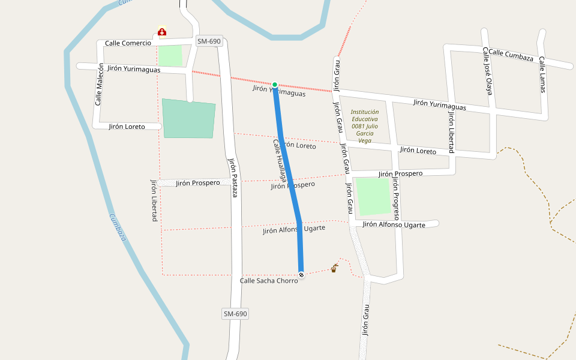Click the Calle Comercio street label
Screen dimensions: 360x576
[128, 43]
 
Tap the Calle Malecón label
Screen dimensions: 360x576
[99, 85]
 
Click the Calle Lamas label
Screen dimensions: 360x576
[542, 75]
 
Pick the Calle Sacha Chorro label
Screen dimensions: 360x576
[268, 281]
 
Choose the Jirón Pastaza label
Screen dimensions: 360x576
[234, 177]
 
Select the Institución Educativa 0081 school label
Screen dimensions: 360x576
[365, 126]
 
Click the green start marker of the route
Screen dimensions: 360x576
[275, 85]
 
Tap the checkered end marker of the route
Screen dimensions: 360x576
[301, 275]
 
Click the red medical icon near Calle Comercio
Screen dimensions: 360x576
[162, 31]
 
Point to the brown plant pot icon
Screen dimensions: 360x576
[334, 268]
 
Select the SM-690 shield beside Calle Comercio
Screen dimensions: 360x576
[209, 41]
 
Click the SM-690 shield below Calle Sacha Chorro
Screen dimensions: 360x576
[235, 314]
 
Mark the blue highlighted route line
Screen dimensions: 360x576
[288, 180]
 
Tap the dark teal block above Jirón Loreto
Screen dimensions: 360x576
[188, 119]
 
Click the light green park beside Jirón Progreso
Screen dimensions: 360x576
[373, 196]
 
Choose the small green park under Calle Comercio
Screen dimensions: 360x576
[170, 56]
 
